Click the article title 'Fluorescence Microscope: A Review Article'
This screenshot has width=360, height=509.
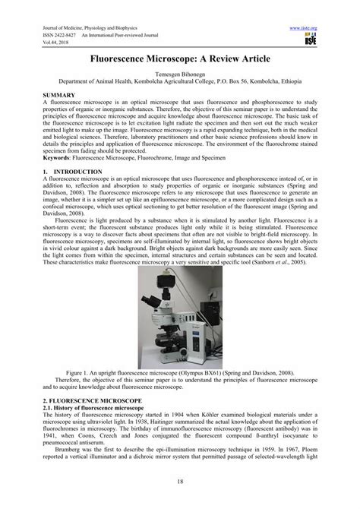180,58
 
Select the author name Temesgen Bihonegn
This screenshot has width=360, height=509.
180,77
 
